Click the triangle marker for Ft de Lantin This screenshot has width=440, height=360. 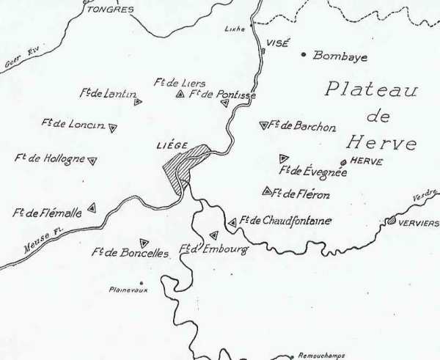tap(137, 102)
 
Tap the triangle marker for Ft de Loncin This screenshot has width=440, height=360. tap(112, 128)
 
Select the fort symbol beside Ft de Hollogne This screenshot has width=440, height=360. tap(92, 160)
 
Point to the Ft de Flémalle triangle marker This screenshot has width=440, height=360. tap(92, 208)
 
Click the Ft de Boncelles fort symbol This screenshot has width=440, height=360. tap(144, 243)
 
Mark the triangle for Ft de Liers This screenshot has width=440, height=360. tap(180, 94)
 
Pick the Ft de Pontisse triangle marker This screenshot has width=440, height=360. tap(225, 103)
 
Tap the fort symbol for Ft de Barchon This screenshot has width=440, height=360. tap(263, 125)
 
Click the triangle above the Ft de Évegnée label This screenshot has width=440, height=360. tap(284, 158)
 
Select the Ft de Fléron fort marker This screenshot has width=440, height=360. tap(266, 191)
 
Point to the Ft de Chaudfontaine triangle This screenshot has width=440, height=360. tap(232, 222)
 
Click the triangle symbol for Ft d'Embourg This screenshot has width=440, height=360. tap(214, 235)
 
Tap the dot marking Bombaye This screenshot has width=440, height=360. tap(304, 54)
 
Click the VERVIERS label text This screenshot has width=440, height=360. tap(418, 222)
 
